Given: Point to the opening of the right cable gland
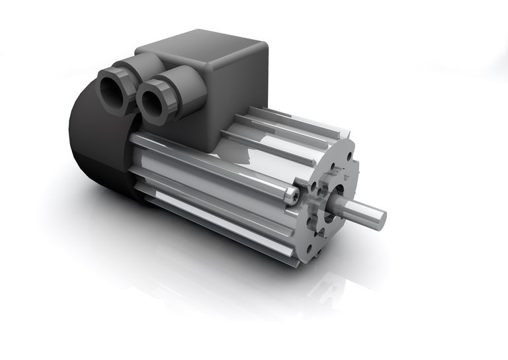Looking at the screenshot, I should (154, 101).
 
